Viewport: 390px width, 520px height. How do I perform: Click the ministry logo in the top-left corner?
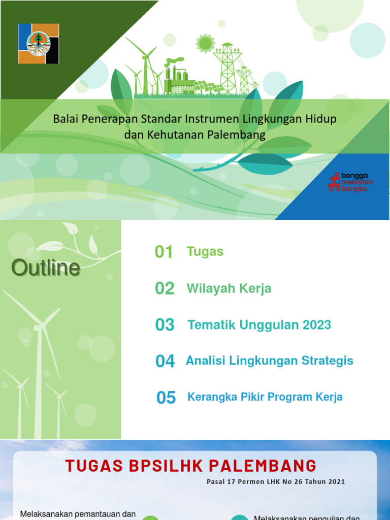tap(39, 44)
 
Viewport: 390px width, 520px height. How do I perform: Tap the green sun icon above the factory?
tap(205, 44)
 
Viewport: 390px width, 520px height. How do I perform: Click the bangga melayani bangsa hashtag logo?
tap(350, 182)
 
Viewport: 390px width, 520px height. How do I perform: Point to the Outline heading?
tap(46, 268)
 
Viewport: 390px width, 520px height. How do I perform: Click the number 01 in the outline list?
tap(164, 252)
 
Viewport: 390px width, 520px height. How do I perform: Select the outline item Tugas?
tap(205, 251)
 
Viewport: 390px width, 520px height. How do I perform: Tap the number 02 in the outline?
tap(165, 288)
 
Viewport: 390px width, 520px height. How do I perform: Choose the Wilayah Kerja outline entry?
tap(229, 288)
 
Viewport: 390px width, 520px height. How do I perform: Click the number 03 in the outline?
tap(165, 325)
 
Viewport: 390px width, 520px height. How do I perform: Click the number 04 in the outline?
tap(165, 361)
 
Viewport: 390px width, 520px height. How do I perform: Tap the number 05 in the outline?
tap(166, 398)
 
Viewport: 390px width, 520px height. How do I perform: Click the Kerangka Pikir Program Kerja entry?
tap(265, 397)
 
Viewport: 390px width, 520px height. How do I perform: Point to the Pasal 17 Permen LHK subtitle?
tap(276, 481)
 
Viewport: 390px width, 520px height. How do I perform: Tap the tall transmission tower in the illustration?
tap(226, 66)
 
